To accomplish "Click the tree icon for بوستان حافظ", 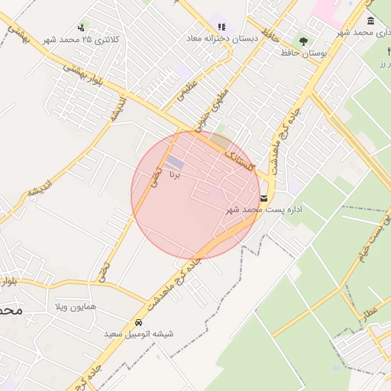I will [304, 42].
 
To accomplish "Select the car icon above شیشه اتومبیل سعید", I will [137, 322].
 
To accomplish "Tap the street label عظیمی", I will [186, 91].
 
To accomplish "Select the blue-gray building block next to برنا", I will [175, 162].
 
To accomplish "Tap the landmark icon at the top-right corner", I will [370, 21].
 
